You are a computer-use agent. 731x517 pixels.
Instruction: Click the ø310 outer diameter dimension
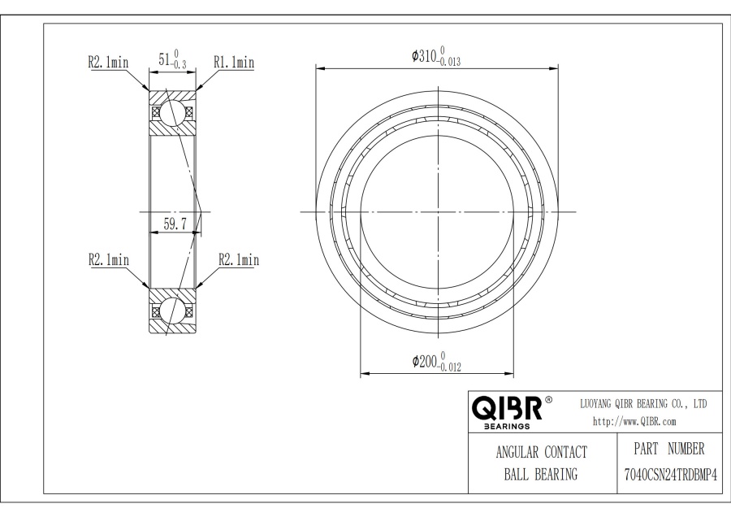point(436,56)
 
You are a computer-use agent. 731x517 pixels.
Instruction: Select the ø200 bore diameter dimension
point(436,362)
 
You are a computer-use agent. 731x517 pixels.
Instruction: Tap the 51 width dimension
point(172,60)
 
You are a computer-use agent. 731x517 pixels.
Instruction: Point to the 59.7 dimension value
point(175,224)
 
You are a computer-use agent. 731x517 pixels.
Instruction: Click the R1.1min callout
point(234,62)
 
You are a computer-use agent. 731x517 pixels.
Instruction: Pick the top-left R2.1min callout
point(108,62)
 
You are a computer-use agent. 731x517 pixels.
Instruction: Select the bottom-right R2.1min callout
point(239,259)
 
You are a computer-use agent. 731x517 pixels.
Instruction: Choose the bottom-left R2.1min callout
point(109,259)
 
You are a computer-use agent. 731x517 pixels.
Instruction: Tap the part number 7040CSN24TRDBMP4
point(670,476)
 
